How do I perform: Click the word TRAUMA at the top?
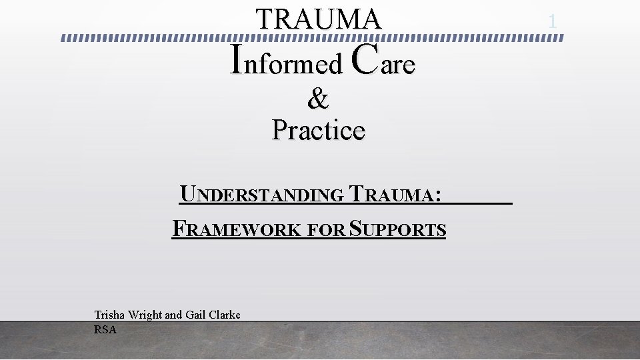tap(319, 19)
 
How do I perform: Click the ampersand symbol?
tap(318, 99)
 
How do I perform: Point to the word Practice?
tap(318, 129)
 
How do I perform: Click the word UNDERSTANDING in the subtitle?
tap(262, 195)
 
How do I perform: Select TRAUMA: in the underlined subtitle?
tap(395, 195)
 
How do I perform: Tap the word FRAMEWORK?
tap(236, 229)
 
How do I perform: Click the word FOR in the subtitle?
tap(326, 230)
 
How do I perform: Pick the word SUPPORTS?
tap(398, 229)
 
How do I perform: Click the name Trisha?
tap(109, 315)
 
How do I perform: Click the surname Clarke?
tap(225, 315)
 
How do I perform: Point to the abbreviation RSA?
tap(105, 329)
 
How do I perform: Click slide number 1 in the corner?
tap(552, 22)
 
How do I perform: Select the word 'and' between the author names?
tap(173, 315)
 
